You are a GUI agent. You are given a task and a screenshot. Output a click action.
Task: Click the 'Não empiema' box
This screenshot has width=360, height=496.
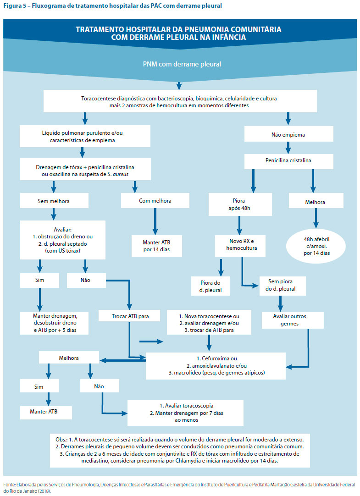coord(288,134)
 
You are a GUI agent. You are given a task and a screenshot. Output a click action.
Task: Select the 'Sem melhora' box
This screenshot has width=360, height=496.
coord(54,201)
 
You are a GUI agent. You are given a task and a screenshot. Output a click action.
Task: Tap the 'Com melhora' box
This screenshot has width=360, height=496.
coord(155,200)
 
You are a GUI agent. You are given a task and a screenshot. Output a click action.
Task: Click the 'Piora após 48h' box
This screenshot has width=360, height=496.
coord(240,204)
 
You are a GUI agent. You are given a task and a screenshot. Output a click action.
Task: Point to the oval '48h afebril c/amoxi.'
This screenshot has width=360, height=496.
coord(316,246)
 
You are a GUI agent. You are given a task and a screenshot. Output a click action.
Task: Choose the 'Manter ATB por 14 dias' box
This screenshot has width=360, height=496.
coord(156,246)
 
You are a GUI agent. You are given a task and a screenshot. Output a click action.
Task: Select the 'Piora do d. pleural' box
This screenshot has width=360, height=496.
coord(210,286)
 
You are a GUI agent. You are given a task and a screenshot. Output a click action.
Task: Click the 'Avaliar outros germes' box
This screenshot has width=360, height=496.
coord(293,320)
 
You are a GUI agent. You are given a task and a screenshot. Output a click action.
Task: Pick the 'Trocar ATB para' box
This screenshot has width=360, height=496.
coord(129,316)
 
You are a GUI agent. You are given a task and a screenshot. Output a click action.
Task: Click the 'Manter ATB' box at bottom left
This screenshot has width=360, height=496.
coord(46,412)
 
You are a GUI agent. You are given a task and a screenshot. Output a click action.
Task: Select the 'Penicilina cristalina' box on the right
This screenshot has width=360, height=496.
coord(288,161)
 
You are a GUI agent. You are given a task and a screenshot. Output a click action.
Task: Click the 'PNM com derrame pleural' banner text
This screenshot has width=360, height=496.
coord(182,64)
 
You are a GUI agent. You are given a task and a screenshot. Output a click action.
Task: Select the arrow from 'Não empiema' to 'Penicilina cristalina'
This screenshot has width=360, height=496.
coord(288,148)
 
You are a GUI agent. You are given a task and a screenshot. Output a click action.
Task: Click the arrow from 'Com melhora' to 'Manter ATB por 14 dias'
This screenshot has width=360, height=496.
coord(155,221)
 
